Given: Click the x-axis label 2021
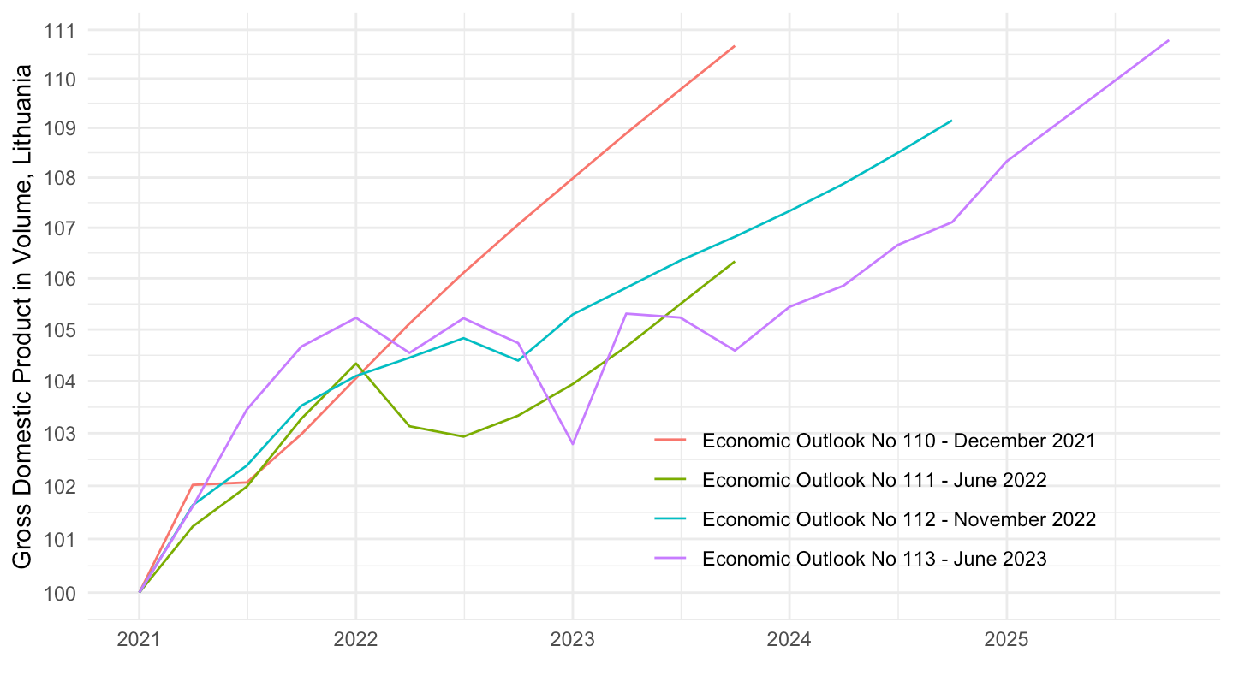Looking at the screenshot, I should [x=140, y=640].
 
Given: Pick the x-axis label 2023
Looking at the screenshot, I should [x=573, y=640].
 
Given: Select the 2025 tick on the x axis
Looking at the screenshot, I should [x=1006, y=640].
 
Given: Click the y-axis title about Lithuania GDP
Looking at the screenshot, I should [x=23, y=317].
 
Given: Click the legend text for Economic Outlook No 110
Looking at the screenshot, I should [x=898, y=441].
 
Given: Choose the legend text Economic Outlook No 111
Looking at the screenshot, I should [x=873, y=480].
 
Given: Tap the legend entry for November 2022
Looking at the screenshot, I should [x=898, y=519].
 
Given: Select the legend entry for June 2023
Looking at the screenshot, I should [x=873, y=559].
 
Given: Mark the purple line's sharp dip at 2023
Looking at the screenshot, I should [x=573, y=444].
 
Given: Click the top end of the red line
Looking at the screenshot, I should [x=735, y=46].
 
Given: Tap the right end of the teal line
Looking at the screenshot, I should [x=951, y=121].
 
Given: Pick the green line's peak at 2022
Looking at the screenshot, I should [x=356, y=364].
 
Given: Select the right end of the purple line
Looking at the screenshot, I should [x=1168, y=40].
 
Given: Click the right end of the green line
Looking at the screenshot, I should [x=735, y=262].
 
